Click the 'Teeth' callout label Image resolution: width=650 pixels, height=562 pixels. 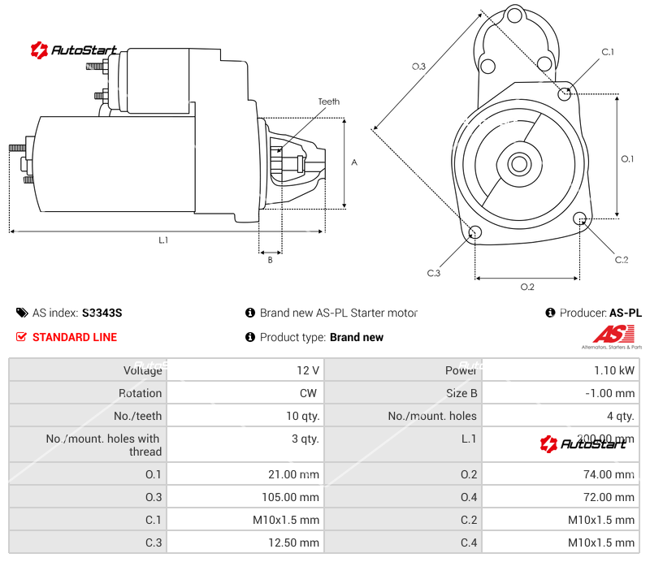click(328, 102)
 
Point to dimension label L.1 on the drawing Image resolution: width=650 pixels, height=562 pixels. click(163, 240)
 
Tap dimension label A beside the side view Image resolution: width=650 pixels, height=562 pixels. click(354, 162)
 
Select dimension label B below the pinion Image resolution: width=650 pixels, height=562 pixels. click(270, 260)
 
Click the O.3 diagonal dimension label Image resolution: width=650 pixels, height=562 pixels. click(418, 67)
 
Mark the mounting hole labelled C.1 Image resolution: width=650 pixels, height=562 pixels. click(565, 94)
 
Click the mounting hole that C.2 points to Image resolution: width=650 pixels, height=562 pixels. click(580, 219)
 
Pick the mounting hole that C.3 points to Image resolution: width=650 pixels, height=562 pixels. click(475, 234)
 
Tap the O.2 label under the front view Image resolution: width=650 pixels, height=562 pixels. click(526, 287)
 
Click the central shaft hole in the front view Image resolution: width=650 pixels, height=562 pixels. click(518, 163)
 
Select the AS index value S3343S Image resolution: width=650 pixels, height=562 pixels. click(102, 313)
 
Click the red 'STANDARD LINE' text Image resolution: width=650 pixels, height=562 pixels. click(74, 337)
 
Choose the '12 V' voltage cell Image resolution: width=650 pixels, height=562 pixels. click(308, 370)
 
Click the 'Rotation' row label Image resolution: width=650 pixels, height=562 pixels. click(140, 393)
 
